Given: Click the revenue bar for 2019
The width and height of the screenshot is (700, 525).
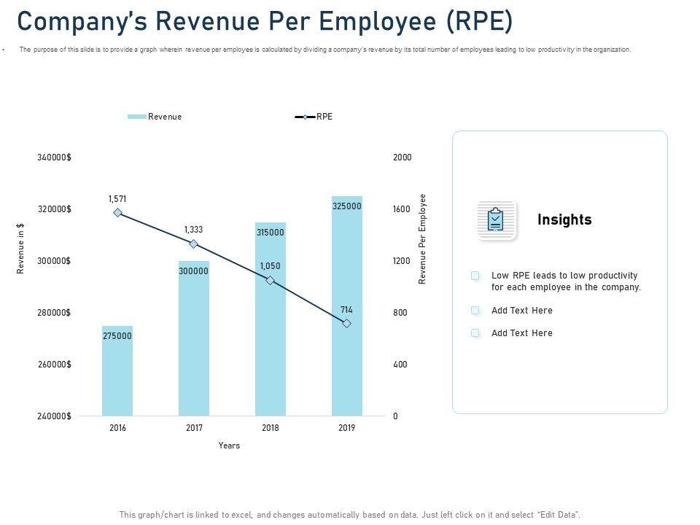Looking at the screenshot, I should (347, 306).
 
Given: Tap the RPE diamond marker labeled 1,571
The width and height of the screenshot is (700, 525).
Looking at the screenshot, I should (118, 213).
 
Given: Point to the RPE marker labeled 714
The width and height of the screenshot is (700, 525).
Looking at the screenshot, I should (347, 323).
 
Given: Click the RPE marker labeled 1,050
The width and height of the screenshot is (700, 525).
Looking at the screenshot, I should (271, 281).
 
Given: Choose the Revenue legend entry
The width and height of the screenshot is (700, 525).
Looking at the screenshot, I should (155, 117).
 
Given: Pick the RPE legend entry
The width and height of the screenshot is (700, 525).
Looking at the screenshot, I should (314, 117).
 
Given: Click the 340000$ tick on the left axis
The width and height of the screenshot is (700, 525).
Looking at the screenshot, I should (54, 157).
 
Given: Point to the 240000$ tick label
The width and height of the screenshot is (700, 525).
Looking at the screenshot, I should (54, 416).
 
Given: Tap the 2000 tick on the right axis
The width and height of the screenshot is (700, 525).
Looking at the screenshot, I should (402, 157).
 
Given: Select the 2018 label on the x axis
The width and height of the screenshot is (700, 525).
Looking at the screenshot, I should (271, 428).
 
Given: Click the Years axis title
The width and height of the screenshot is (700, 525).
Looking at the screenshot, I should (229, 446).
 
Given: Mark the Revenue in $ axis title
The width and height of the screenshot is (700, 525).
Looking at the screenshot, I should (21, 248).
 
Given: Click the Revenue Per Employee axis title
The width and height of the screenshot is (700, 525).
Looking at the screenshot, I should (423, 238).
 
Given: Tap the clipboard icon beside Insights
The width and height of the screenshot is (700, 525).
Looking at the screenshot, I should (496, 219).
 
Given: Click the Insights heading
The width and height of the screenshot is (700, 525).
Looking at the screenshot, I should (564, 219).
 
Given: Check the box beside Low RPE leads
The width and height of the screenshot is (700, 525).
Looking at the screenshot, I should (475, 276).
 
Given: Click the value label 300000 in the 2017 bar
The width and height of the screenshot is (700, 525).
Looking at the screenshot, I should (194, 271).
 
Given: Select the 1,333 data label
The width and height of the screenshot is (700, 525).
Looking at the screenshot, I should (195, 230).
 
